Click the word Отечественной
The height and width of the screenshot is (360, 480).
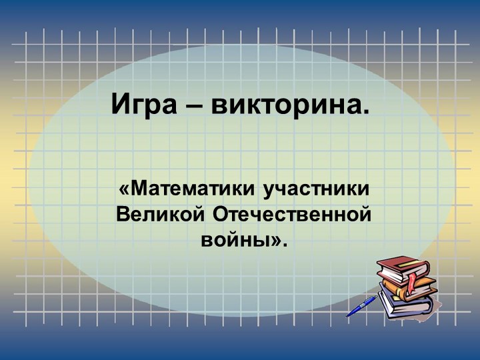(292, 215)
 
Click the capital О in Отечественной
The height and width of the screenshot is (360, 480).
(221, 215)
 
